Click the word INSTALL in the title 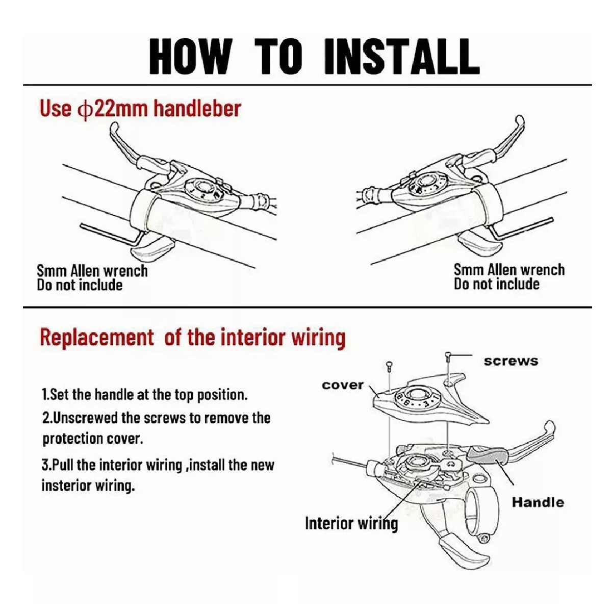pyautogui.click(x=401, y=57)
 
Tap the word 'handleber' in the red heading pyautogui.click(x=197, y=109)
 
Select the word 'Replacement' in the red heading pyautogui.click(x=97, y=337)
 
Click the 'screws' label pyautogui.click(x=511, y=361)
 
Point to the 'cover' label pyautogui.click(x=342, y=385)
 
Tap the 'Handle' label pyautogui.click(x=538, y=502)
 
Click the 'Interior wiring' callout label pyautogui.click(x=351, y=523)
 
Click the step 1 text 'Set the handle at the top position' pyautogui.click(x=145, y=395)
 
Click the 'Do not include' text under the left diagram pyautogui.click(x=80, y=285)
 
